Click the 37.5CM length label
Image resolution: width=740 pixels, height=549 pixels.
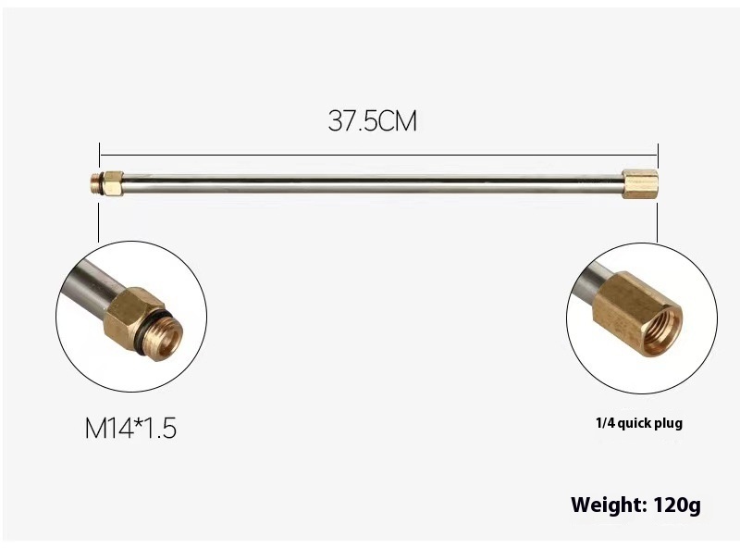point(373,121)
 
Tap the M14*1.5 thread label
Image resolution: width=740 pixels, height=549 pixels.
point(130,428)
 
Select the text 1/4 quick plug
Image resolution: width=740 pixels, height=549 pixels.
point(639,423)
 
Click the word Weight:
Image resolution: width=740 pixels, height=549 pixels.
point(609,505)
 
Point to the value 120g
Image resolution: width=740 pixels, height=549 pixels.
point(678,505)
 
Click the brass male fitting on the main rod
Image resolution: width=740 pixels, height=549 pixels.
point(106,184)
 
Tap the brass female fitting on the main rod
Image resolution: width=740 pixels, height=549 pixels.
point(640,184)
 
